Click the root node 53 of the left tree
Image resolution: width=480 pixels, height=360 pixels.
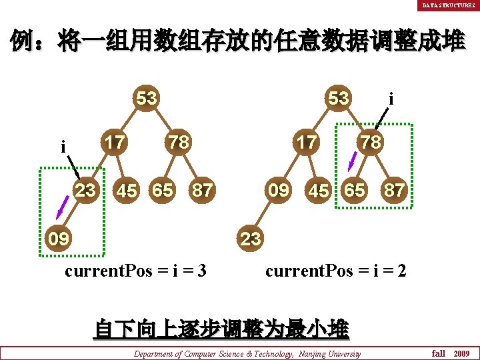point(147,99)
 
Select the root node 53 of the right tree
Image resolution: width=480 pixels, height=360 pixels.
point(339,99)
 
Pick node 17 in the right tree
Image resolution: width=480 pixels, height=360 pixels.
point(307,142)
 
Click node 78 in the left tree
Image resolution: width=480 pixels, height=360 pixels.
point(177,142)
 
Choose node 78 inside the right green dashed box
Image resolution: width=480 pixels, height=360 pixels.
point(371,142)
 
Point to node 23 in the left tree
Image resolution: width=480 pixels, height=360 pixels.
point(85,190)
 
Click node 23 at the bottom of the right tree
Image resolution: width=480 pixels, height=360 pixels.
point(250,239)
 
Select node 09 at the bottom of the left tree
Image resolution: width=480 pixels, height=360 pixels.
point(59,238)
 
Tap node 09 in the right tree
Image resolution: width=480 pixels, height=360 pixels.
point(278,190)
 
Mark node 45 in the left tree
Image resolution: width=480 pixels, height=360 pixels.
point(127,191)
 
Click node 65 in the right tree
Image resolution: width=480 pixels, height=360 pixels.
point(354,190)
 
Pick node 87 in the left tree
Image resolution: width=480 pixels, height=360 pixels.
point(202,191)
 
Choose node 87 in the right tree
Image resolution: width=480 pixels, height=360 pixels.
point(393,191)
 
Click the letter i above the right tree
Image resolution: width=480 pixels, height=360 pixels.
point(391,99)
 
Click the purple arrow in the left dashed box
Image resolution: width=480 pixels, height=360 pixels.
point(63,207)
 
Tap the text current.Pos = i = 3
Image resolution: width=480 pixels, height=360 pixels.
point(135,272)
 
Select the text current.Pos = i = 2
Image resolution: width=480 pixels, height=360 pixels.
point(336,272)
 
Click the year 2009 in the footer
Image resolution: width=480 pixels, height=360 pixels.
point(461,353)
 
